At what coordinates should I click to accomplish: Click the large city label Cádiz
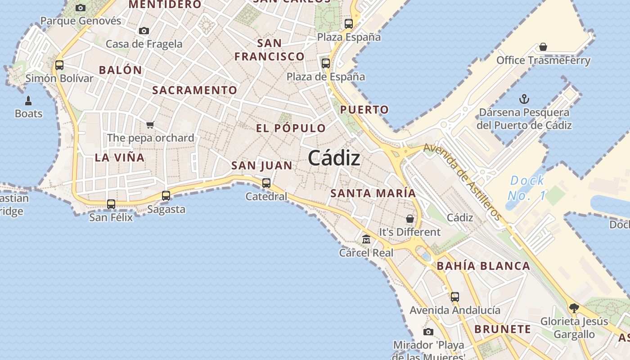tap(334, 158)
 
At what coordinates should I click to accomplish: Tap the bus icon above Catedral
tap(266, 183)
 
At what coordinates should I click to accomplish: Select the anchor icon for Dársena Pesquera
tap(524, 99)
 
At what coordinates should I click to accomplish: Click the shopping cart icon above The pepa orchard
tap(150, 125)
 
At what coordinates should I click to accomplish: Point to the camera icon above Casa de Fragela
tap(144, 31)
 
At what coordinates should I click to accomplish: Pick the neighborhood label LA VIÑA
tap(120, 157)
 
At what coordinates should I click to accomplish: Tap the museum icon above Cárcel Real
tap(366, 239)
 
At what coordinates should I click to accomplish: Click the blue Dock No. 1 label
tap(527, 188)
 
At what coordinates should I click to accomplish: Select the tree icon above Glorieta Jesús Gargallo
tap(574, 308)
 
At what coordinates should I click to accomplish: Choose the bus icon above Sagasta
tap(166, 196)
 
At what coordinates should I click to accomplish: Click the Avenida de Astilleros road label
tap(462, 181)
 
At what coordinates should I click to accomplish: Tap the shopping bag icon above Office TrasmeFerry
tap(543, 47)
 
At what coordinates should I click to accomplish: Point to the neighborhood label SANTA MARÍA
tap(373, 193)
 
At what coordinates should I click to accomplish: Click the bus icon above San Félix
tap(111, 204)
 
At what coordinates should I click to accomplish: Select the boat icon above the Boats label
tap(28, 100)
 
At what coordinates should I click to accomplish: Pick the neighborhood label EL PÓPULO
tap(291, 128)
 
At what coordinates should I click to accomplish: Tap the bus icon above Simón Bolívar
tap(59, 65)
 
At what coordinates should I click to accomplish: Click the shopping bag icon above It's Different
tap(410, 219)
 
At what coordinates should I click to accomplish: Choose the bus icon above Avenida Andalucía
tap(455, 297)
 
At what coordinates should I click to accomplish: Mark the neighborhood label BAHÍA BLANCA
tap(483, 266)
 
